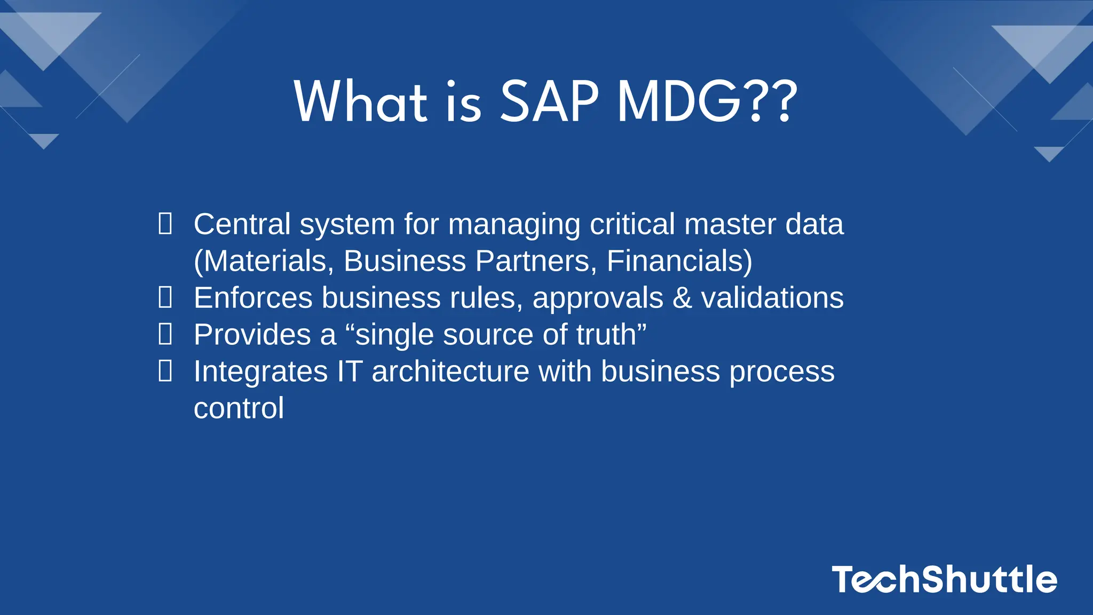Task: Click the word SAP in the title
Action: click(549, 101)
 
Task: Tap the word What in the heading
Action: click(361, 101)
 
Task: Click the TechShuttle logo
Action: click(944, 580)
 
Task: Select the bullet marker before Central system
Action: click(165, 224)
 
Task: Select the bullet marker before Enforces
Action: click(165, 297)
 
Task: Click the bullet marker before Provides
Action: click(165, 334)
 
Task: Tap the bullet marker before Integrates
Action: click(165, 371)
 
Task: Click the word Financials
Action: click(675, 261)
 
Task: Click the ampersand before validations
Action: click(682, 297)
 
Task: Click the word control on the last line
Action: click(239, 408)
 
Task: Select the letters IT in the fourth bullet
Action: click(350, 372)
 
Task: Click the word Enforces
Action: click(253, 297)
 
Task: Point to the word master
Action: click(730, 224)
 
